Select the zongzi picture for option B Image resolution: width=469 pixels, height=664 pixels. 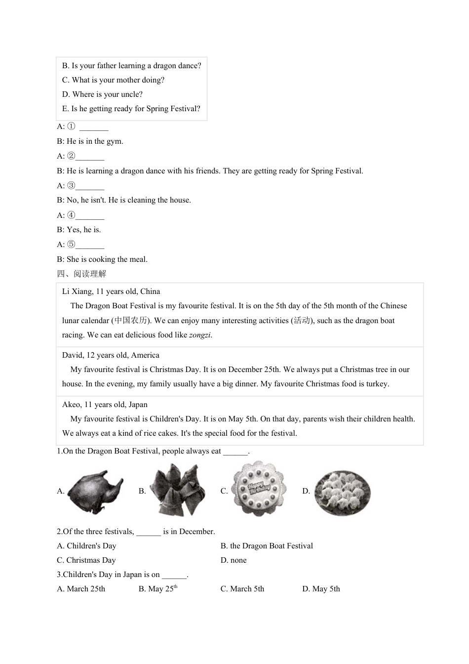177,490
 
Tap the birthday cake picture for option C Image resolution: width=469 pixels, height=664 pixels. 259,489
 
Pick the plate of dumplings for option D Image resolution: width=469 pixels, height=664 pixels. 342,491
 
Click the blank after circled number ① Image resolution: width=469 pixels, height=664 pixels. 94,127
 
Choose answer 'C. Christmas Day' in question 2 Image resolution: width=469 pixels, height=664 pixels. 86,560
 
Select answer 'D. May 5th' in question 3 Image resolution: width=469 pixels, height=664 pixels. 321,589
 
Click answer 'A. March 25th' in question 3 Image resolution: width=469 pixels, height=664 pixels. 81,589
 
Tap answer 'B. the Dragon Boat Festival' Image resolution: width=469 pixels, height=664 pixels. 267,546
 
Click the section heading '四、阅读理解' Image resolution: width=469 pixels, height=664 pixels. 81,274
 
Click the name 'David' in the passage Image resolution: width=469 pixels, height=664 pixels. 72,355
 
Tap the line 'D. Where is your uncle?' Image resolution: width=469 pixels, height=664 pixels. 102,94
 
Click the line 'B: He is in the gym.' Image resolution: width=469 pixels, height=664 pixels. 90,141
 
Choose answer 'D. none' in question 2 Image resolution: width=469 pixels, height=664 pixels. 234,560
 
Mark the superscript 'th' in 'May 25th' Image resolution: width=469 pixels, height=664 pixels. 175,587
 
